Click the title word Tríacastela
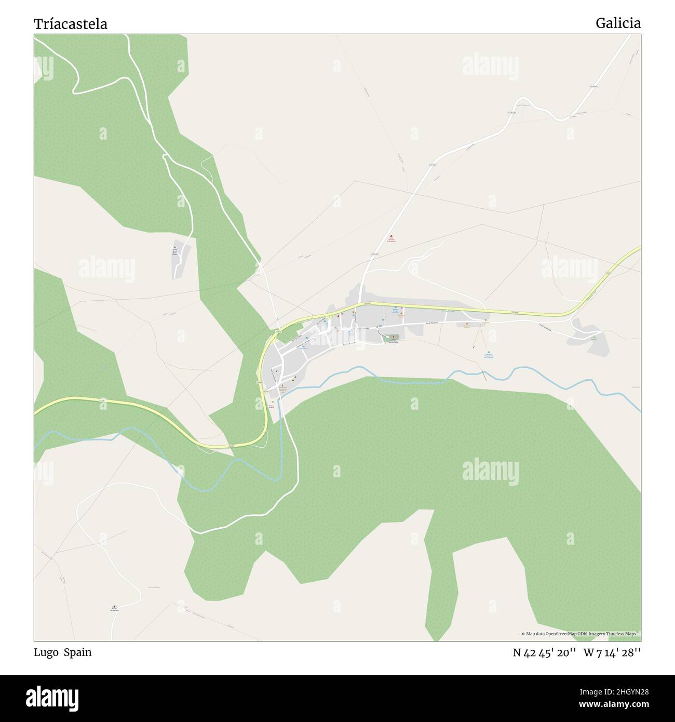point(71,24)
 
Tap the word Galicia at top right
point(618,23)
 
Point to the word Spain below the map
point(78,652)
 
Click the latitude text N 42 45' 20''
point(544,652)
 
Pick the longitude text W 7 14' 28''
point(612,652)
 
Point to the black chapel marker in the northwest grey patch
point(175,248)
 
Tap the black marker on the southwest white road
point(114,606)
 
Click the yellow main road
point(519,313)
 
